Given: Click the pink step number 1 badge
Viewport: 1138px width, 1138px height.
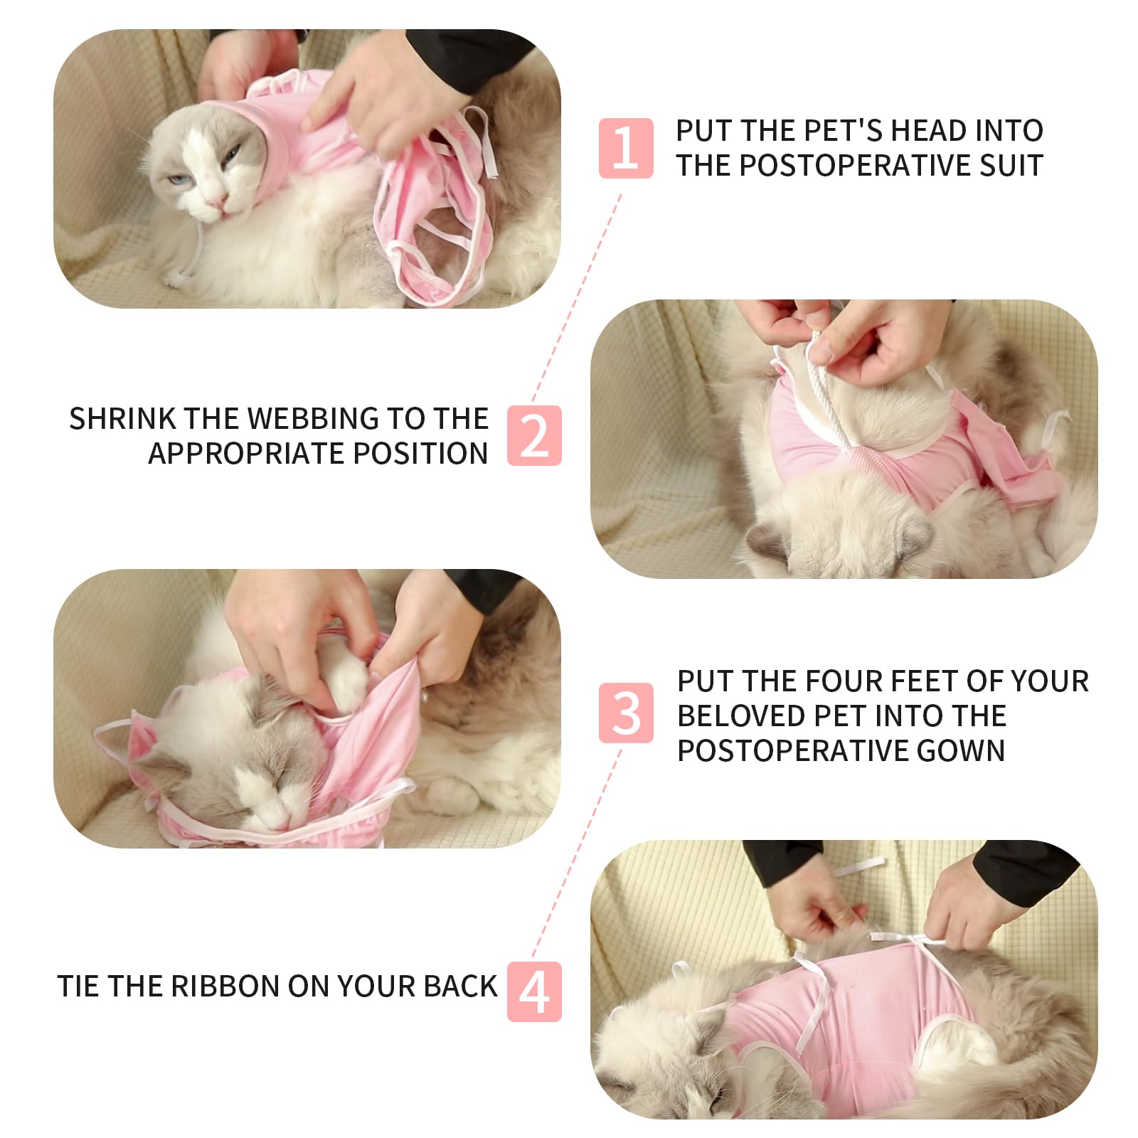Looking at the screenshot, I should tap(625, 148).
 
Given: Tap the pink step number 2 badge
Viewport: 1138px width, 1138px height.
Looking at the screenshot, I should tap(534, 436).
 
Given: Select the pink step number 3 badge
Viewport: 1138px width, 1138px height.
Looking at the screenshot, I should tap(625, 713).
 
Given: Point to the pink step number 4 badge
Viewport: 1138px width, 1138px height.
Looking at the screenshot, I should tap(534, 991).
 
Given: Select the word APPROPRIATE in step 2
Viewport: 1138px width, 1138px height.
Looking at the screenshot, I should tap(246, 454).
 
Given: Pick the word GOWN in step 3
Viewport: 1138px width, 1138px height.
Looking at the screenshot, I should tap(960, 751).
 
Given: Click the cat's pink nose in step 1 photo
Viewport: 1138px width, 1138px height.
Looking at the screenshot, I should tap(218, 204).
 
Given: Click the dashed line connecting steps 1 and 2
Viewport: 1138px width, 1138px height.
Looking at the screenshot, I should tap(576, 299).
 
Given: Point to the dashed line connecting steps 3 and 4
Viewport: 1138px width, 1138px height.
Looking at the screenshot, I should tap(576, 854).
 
